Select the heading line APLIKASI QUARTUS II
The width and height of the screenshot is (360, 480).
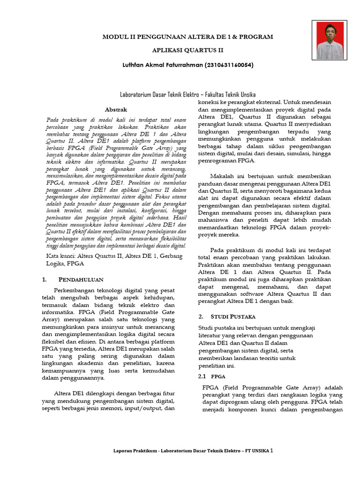[188, 50]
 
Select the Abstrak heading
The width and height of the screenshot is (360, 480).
[116, 109]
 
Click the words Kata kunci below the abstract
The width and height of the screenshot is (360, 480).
[61, 256]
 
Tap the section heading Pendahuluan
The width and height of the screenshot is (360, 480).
[80, 280]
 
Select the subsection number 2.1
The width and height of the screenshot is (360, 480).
[202, 376]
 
